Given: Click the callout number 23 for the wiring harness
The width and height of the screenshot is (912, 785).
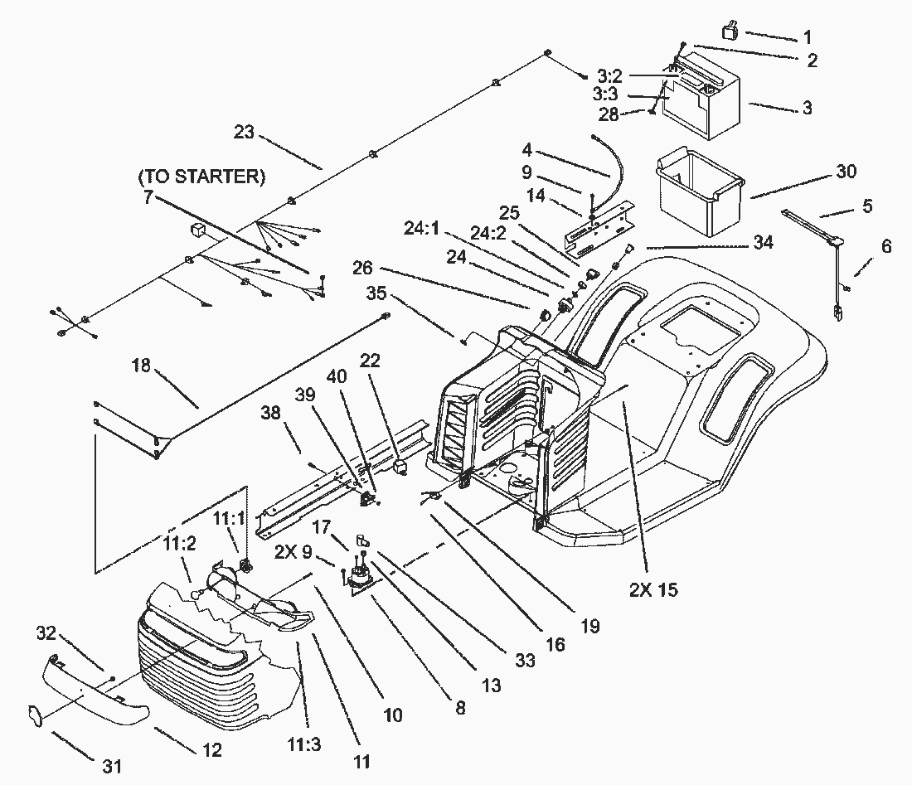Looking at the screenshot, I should [x=245, y=132].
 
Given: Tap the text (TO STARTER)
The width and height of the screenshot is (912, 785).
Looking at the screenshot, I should [x=201, y=177].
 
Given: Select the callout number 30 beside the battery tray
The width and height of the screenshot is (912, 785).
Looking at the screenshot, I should [x=845, y=172].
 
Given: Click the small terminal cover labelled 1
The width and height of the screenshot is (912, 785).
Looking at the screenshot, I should [x=730, y=31].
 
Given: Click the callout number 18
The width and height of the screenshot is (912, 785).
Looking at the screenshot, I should [x=141, y=365].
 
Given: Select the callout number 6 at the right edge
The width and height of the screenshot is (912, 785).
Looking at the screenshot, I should [x=886, y=246].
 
